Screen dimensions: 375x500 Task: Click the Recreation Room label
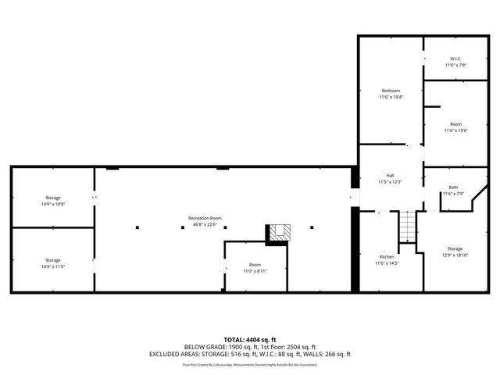pos(205,218)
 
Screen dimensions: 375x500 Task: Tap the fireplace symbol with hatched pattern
pos(280,232)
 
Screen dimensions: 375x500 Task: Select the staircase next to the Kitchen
pos(405,227)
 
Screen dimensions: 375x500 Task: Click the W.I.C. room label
pos(455,59)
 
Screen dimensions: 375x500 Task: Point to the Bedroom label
pos(391,91)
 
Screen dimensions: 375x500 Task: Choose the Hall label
pos(389,175)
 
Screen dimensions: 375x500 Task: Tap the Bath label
pos(453,187)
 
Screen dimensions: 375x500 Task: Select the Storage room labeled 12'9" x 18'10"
pos(455,248)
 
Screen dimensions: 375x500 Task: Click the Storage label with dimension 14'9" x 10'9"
pos(52,198)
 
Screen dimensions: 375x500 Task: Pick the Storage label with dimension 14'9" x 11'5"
pos(52,260)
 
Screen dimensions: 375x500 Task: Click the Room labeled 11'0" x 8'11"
pos(255,265)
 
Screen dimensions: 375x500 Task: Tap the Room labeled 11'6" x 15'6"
pos(455,124)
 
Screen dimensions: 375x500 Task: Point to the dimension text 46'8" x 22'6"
pos(205,224)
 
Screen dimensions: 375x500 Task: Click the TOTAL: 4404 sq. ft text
pos(250,339)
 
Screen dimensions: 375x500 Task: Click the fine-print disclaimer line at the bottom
pos(250,364)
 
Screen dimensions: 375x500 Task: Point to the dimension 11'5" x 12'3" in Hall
pos(389,181)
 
